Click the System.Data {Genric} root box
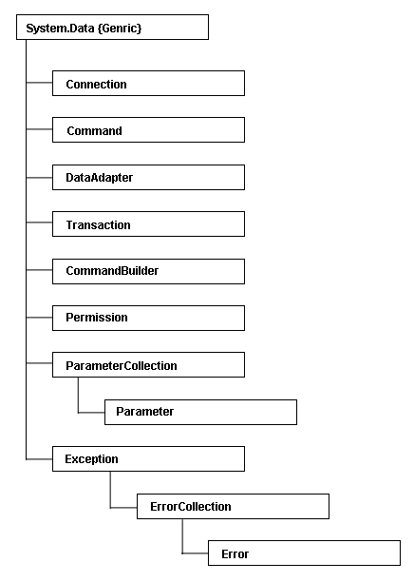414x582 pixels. coord(112,26)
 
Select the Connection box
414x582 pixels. coord(148,84)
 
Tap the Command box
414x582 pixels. coord(148,130)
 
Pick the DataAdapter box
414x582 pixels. coord(148,177)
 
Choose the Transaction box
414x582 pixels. coord(148,224)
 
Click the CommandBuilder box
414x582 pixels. coord(148,271)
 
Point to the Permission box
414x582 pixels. coord(148,318)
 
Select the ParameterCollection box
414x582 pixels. coord(148,365)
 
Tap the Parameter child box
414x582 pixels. coord(198,412)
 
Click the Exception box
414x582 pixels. coord(148,458)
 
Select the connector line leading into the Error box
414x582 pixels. coord(194,553)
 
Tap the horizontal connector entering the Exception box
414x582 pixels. coord(39,458)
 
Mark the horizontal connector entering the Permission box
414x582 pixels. coord(39,318)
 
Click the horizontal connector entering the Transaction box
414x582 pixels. coord(39,224)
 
